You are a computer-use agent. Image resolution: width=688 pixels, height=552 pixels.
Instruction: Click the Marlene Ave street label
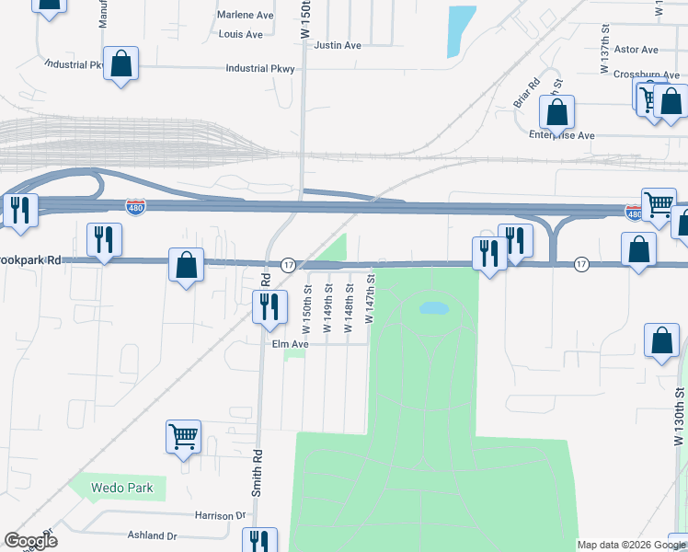click(x=246, y=15)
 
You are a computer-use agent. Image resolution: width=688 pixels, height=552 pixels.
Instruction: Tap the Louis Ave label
click(x=241, y=34)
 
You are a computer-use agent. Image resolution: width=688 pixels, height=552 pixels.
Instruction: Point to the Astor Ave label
click(x=636, y=50)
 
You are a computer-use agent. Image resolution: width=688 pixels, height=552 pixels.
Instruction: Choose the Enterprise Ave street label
click(x=562, y=135)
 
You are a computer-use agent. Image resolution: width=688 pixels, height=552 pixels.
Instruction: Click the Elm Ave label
click(x=289, y=344)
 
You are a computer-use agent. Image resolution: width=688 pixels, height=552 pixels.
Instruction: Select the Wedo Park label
click(x=122, y=487)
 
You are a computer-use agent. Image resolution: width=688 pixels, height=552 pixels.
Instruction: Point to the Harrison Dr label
click(x=222, y=516)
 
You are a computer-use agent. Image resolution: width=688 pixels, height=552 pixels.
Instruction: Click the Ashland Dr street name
click(x=153, y=535)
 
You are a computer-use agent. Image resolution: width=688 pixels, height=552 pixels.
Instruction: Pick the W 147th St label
click(x=370, y=297)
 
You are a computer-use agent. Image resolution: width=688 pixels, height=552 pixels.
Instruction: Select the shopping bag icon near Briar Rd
click(x=556, y=112)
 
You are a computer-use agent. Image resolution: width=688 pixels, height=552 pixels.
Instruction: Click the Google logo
click(x=30, y=541)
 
